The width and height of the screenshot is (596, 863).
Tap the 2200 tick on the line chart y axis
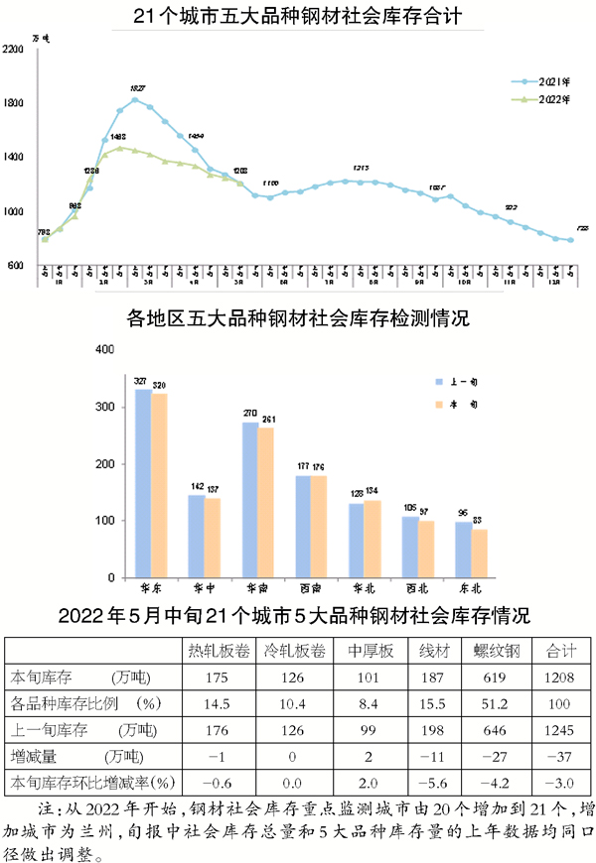pyautogui.click(x=14, y=49)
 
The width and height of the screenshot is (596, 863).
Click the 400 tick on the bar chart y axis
pyautogui.click(x=102, y=350)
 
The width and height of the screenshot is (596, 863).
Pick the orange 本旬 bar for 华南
pyautogui.click(x=266, y=502)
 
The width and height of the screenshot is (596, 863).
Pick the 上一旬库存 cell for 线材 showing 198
pyautogui.click(x=435, y=730)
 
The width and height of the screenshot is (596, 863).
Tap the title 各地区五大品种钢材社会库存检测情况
pyautogui.click(x=298, y=318)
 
